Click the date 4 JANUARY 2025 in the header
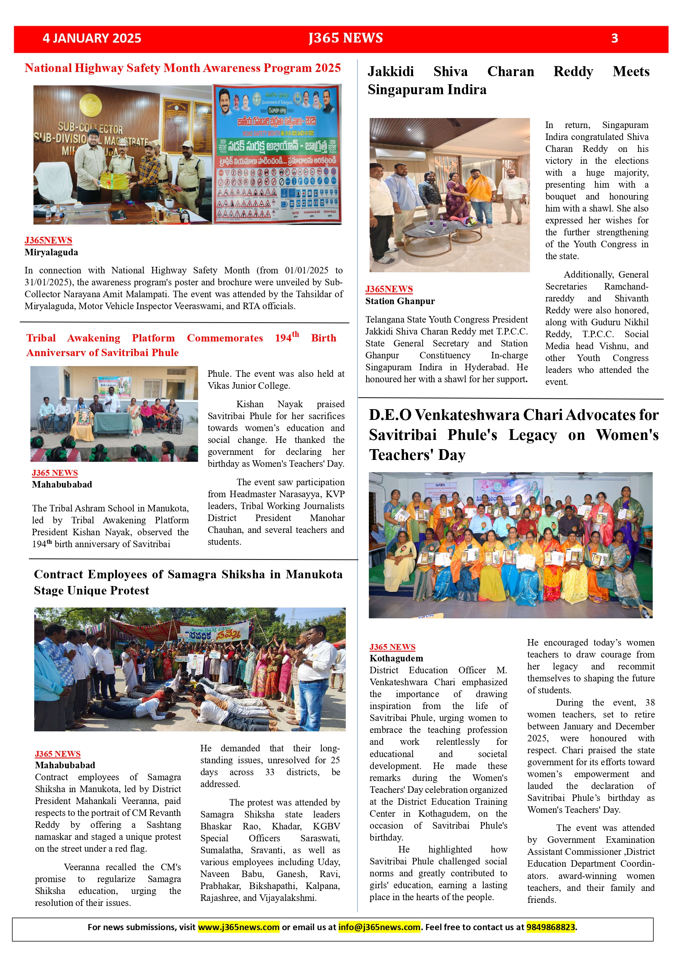pyautogui.click(x=92, y=38)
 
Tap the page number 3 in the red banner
pyautogui.click(x=614, y=38)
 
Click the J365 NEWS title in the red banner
pyautogui.click(x=345, y=38)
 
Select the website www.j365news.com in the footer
pyautogui.click(x=238, y=927)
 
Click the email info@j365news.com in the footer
pyautogui.click(x=379, y=927)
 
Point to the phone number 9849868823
pyautogui.click(x=551, y=927)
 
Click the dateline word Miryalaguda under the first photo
pyautogui.click(x=51, y=252)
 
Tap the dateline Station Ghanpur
pyautogui.click(x=400, y=301)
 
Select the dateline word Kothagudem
pyautogui.click(x=396, y=658)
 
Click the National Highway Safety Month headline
pyautogui.click(x=182, y=68)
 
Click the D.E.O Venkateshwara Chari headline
pyautogui.click(x=514, y=434)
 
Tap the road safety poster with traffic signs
pyautogui.click(x=277, y=154)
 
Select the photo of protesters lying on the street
pyautogui.click(x=190, y=669)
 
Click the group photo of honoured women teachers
pyautogui.click(x=510, y=545)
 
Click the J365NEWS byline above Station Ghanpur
pyautogui.click(x=389, y=289)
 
